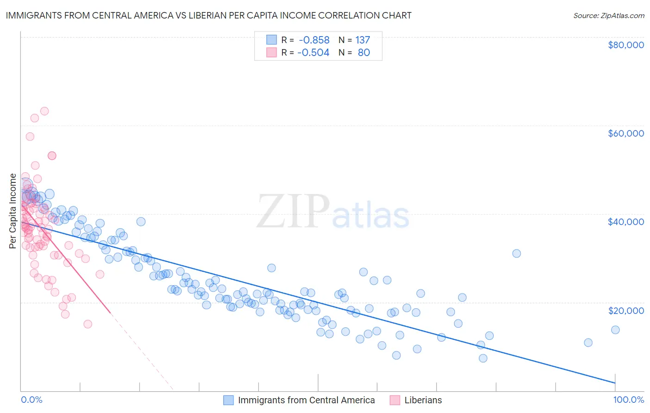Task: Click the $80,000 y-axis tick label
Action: pyautogui.click(x=625, y=45)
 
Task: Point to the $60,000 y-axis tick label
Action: pyautogui.click(x=625, y=133)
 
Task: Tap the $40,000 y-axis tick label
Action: pyautogui.click(x=625, y=222)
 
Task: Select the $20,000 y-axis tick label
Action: pyautogui.click(x=625, y=310)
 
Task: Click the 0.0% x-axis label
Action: pyautogui.click(x=31, y=400)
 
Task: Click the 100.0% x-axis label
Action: pyautogui.click(x=628, y=400)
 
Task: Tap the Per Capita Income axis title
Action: pyautogui.click(x=13, y=211)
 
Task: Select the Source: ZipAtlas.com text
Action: pyautogui.click(x=608, y=15)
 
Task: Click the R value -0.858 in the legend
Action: pyautogui.click(x=314, y=40)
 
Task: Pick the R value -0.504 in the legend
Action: pyautogui.click(x=313, y=53)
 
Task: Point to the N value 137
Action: pyautogui.click(x=362, y=40)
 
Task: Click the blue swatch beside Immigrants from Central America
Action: pyautogui.click(x=228, y=400)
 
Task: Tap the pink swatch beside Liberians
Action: pyautogui.click(x=395, y=400)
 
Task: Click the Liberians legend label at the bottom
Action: pyautogui.click(x=423, y=400)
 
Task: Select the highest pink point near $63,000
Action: pyautogui.click(x=44, y=111)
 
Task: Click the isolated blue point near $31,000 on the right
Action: pyautogui.click(x=516, y=253)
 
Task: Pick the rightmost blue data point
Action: pyautogui.click(x=615, y=330)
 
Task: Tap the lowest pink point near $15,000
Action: pyautogui.click(x=87, y=324)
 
